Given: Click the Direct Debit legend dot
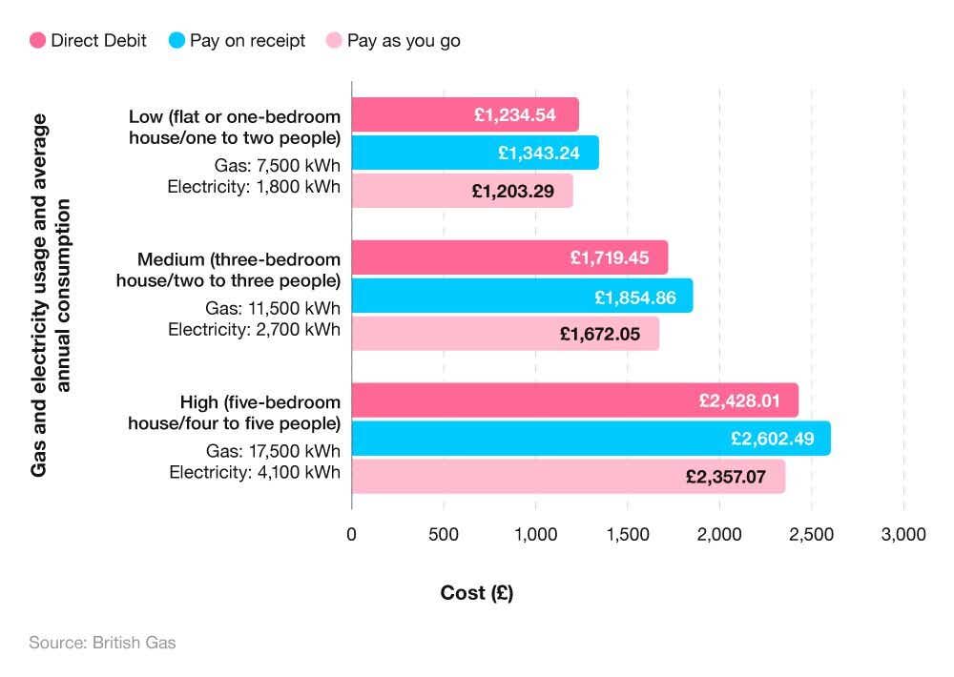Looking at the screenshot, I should (x=38, y=41).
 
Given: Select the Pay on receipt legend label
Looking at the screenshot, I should (x=247, y=41).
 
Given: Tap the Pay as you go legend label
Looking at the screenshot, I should (x=403, y=41).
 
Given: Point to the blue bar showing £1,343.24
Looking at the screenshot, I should (x=475, y=153).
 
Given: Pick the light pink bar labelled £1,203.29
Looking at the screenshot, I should (x=462, y=191).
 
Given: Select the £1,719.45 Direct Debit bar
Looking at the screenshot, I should (x=509, y=257).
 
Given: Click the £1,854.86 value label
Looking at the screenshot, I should (x=634, y=297).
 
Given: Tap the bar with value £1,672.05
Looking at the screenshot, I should (x=505, y=334).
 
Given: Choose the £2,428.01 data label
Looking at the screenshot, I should (x=739, y=400).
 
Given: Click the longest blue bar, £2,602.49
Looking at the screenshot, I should (x=591, y=439).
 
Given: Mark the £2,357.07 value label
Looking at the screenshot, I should (x=725, y=477).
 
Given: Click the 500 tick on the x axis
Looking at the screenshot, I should (x=443, y=535).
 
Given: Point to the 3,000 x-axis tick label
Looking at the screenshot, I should (x=902, y=535).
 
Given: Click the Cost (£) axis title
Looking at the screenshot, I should (x=476, y=593).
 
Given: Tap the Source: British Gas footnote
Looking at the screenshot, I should (x=102, y=643).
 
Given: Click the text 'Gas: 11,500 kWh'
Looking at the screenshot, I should (x=272, y=308).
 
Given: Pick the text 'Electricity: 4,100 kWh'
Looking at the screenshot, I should (x=255, y=471).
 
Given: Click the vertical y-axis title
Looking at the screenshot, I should (x=51, y=296).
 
